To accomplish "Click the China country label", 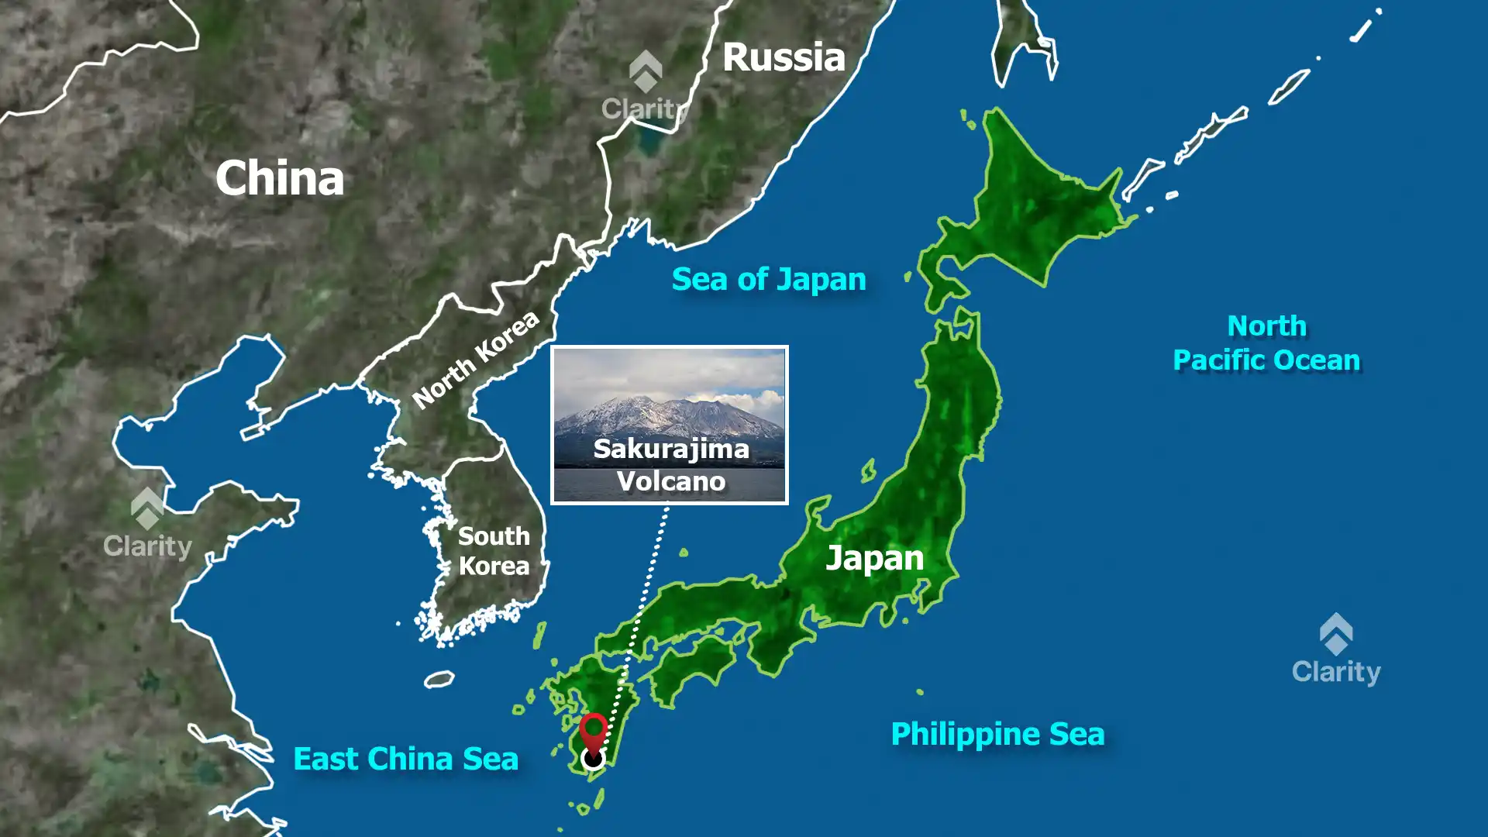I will pos(280,178).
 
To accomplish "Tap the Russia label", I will pos(784,58).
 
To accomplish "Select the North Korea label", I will pos(475,360).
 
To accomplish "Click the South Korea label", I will pos(494,551).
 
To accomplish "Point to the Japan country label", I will pos(874,558).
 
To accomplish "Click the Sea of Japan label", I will pos(768,280).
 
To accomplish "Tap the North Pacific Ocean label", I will pos(1266,343).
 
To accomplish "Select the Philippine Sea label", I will pos(997,734).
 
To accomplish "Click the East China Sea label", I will pos(405,759).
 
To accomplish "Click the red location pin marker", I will pos(594,732).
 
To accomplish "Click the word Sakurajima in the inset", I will pos(671,449).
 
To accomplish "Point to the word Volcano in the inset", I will pos(671,481).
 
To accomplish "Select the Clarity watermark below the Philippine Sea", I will pos(1336,651).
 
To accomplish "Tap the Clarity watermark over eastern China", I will pos(147,525).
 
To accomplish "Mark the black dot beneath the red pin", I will pos(593,758).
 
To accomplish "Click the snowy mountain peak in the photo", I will pos(643,403).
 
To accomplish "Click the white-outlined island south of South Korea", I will pos(439,679).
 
